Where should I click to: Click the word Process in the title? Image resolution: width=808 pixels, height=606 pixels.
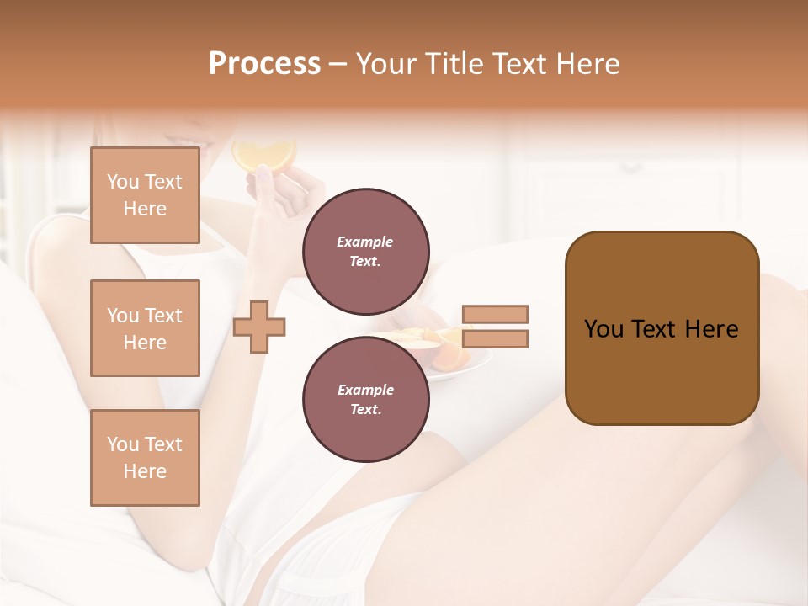pyautogui.click(x=264, y=64)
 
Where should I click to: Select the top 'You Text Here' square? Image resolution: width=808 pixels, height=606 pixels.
pyautogui.click(x=145, y=195)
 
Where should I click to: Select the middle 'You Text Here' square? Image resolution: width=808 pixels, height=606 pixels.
pyautogui.click(x=145, y=328)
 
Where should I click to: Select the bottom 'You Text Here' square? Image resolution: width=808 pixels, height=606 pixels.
pyautogui.click(x=145, y=458)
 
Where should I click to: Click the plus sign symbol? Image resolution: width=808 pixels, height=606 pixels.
pyautogui.click(x=259, y=327)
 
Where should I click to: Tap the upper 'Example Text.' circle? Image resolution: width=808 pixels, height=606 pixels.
pyautogui.click(x=365, y=251)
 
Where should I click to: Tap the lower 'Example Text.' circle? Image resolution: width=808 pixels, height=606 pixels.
pyautogui.click(x=365, y=399)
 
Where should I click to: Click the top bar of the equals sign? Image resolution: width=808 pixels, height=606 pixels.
pyautogui.click(x=495, y=314)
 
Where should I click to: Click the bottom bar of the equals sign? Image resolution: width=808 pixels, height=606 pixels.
pyautogui.click(x=495, y=339)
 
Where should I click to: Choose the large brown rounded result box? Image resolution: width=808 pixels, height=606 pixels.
pyautogui.click(x=662, y=327)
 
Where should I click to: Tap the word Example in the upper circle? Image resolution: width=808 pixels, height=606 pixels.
pyautogui.click(x=365, y=242)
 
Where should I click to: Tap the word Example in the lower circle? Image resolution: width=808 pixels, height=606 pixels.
pyautogui.click(x=365, y=390)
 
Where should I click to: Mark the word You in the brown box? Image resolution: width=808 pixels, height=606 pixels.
pyautogui.click(x=603, y=329)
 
